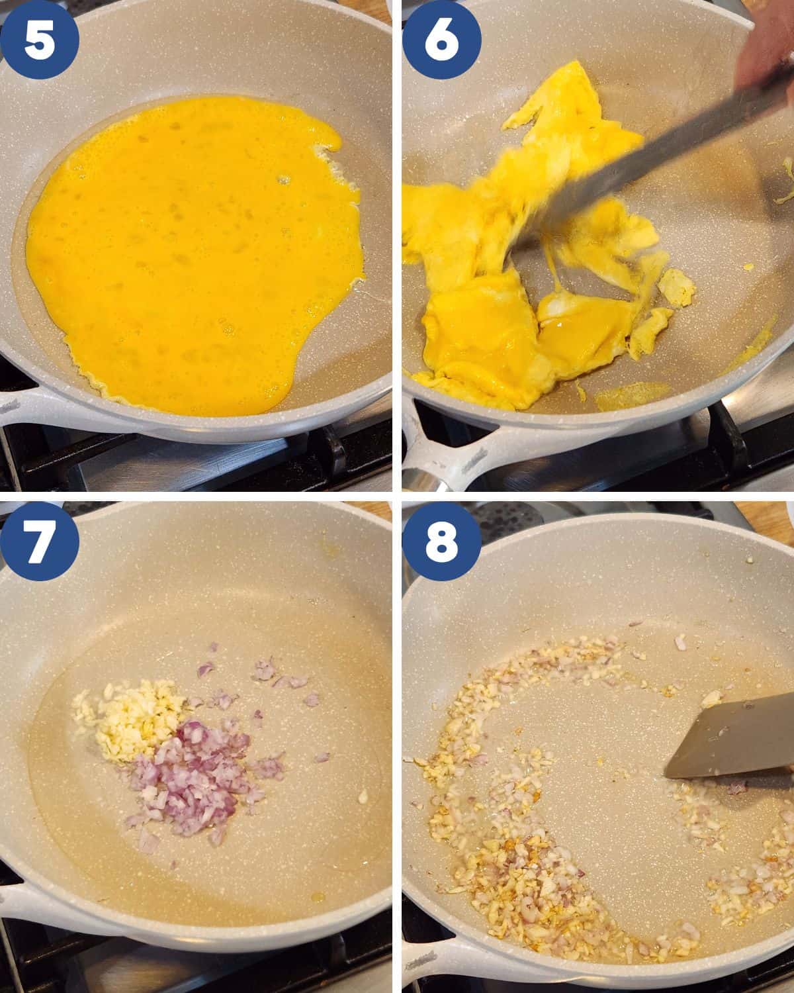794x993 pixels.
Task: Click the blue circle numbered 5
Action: point(39,40)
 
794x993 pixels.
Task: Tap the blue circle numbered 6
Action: point(441,40)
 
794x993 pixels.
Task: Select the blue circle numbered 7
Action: point(39,542)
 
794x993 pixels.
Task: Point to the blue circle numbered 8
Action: point(441,542)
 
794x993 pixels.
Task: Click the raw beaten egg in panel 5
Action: point(194,254)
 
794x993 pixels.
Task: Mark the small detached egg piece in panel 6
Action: point(676,288)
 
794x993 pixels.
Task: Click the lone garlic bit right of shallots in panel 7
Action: point(363,796)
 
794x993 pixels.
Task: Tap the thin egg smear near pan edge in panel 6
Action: point(631,395)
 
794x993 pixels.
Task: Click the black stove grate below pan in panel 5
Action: point(194,466)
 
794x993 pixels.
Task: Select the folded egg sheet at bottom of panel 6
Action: point(480,337)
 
